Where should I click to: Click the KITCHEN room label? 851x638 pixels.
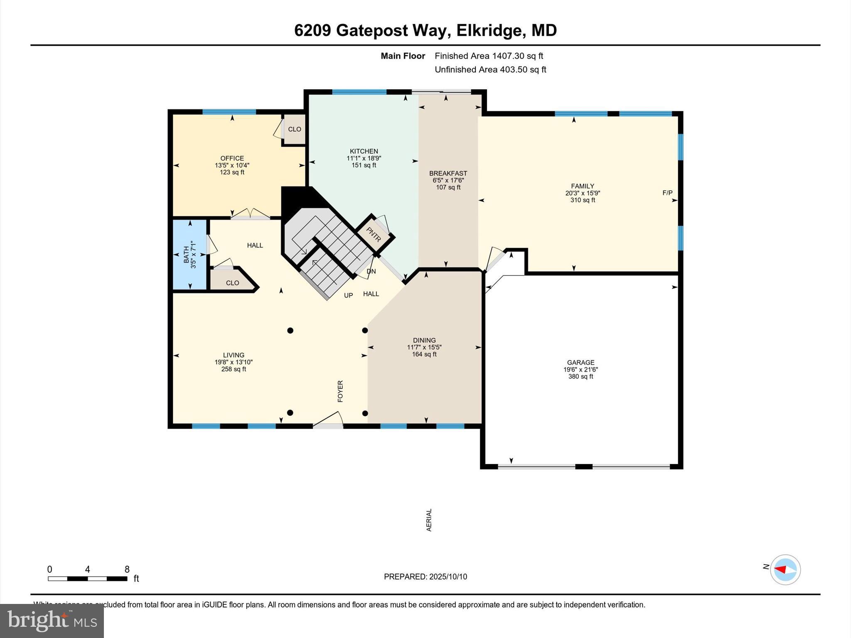click(x=364, y=151)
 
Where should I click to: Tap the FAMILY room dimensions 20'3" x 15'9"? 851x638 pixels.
click(x=583, y=193)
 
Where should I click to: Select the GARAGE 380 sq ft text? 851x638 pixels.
click(x=580, y=377)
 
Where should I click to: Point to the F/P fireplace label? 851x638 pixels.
click(x=667, y=193)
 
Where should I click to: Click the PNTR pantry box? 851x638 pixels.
click(x=374, y=234)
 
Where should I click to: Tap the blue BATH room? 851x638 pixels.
click(x=189, y=254)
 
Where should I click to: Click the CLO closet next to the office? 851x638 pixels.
click(x=294, y=129)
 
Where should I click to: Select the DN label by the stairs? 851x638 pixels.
click(x=371, y=271)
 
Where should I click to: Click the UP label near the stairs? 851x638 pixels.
click(x=348, y=295)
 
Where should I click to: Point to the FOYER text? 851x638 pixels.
click(x=340, y=391)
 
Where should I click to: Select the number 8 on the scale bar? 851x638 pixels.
click(x=127, y=569)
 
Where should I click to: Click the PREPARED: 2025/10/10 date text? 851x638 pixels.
click(x=425, y=577)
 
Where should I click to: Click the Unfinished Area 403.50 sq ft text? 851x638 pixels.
click(x=490, y=69)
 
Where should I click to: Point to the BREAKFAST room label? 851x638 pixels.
click(x=448, y=173)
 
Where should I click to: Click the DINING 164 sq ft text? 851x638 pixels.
click(x=424, y=354)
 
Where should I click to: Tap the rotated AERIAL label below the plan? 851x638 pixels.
click(x=429, y=520)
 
